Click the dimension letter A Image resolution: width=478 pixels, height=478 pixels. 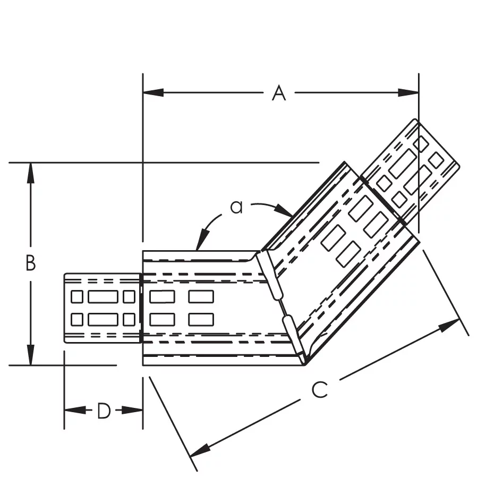(279, 93)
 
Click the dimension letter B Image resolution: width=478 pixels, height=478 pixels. (31, 263)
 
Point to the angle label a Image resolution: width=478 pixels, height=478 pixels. (236, 207)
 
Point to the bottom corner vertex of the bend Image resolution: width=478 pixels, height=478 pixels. (305, 365)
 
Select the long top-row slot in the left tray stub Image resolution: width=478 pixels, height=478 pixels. (103, 296)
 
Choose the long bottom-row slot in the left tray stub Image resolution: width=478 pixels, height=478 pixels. (103, 319)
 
